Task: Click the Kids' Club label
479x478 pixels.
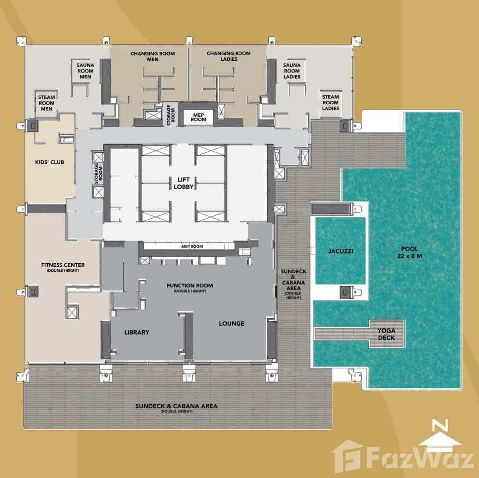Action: pyautogui.click(x=50, y=162)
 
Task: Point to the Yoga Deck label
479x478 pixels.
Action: pyautogui.click(x=386, y=334)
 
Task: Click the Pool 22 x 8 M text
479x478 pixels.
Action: pyautogui.click(x=409, y=252)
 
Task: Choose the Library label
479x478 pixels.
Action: pyautogui.click(x=136, y=332)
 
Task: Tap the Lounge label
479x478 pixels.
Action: pyautogui.click(x=232, y=323)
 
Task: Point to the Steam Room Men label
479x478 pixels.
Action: pyautogui.click(x=47, y=102)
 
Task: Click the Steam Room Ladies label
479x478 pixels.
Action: pyautogui.click(x=330, y=102)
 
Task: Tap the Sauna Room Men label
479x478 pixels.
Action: pyautogui.click(x=85, y=71)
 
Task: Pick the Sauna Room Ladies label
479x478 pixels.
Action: pyautogui.click(x=292, y=71)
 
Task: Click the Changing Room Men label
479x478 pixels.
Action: pyautogui.click(x=153, y=56)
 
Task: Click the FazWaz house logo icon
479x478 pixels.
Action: pyautogui.click(x=348, y=456)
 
